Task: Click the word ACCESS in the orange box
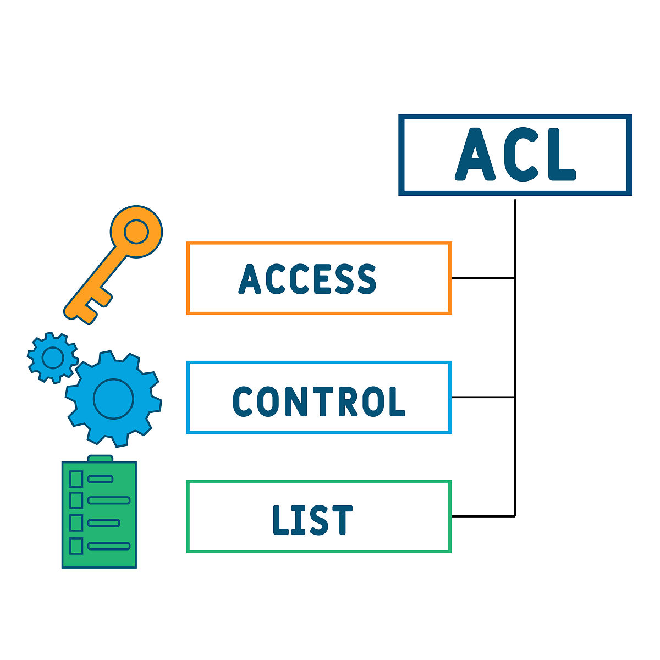pyautogui.click(x=307, y=279)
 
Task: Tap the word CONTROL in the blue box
pyautogui.click(x=318, y=401)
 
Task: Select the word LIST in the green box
pyautogui.click(x=312, y=520)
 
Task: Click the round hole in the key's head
pyautogui.click(x=136, y=232)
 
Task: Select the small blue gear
pyautogui.click(x=53, y=358)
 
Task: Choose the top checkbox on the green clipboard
pyautogui.click(x=76, y=479)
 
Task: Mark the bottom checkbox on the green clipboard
pyautogui.click(x=76, y=546)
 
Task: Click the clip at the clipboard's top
pyautogui.click(x=100, y=459)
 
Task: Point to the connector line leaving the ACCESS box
pyautogui.click(x=483, y=278)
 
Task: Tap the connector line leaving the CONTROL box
pyautogui.click(x=483, y=397)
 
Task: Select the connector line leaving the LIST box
pyautogui.click(x=483, y=516)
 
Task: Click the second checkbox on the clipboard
pyautogui.click(x=76, y=501)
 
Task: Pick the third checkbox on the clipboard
pyautogui.click(x=76, y=522)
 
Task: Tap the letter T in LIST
pyautogui.click(x=342, y=520)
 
